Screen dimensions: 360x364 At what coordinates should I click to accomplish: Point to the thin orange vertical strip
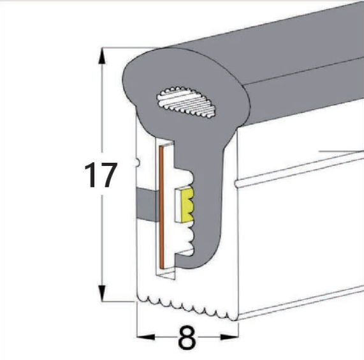pyautogui.click(x=164, y=207)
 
